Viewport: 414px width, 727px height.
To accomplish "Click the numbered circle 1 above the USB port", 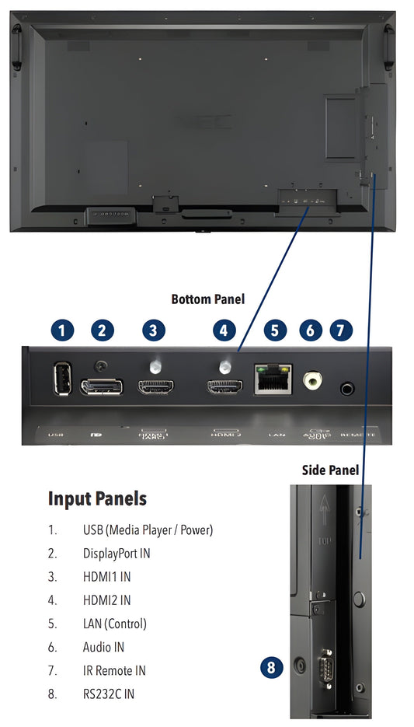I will pyautogui.click(x=62, y=330).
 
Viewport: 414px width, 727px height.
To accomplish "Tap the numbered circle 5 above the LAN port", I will pyautogui.click(x=274, y=330).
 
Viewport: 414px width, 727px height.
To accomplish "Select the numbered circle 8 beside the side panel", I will pyautogui.click(x=270, y=666).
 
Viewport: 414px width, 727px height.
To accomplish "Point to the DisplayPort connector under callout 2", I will pyautogui.click(x=101, y=386).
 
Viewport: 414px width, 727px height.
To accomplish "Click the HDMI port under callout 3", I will pyautogui.click(x=156, y=386).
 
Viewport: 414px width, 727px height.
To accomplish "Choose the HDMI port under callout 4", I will pyautogui.click(x=224, y=386).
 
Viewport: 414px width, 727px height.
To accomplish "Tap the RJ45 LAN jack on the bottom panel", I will pyautogui.click(x=273, y=379).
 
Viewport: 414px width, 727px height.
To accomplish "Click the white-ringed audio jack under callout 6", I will pyautogui.click(x=312, y=379).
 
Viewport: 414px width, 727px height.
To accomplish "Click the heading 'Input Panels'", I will pyautogui.click(x=97, y=498).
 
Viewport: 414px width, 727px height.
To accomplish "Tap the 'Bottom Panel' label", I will pyautogui.click(x=207, y=299).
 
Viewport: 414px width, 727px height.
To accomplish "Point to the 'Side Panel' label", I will pyautogui.click(x=330, y=470).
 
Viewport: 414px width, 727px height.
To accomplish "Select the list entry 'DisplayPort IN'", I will pyautogui.click(x=117, y=554).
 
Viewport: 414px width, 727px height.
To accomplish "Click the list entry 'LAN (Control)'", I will pyautogui.click(x=115, y=624).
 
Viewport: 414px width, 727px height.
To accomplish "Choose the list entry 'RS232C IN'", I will pyautogui.click(x=108, y=694).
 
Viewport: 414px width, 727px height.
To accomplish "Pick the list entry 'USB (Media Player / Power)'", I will pyautogui.click(x=148, y=530).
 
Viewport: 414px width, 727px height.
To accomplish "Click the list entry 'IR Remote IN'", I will pyautogui.click(x=114, y=670).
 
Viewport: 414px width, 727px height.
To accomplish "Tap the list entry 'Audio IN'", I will pyautogui.click(x=103, y=647).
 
